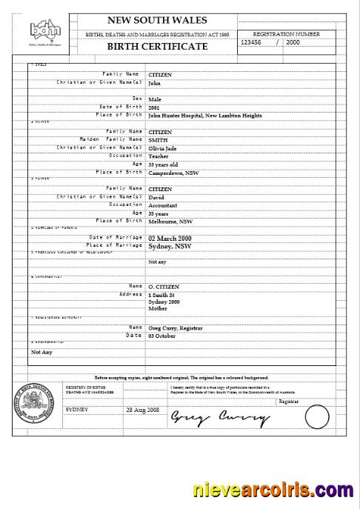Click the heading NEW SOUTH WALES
157,20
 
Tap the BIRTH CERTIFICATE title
157,46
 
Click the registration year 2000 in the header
293,42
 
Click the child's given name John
154,84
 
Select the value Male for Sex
155,99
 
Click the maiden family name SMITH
159,140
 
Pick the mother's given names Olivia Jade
163,148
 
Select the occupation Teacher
159,156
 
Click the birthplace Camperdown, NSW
173,173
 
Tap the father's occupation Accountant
164,205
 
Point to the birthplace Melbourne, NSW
170,222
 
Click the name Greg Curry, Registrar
176,327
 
